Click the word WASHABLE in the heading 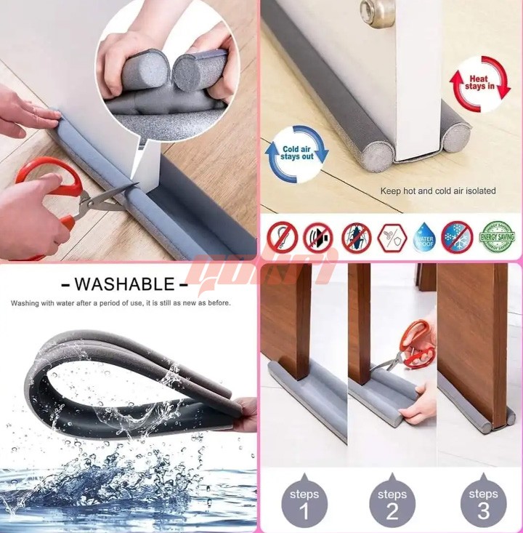[x=124, y=284]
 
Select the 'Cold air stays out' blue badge [x=297, y=153]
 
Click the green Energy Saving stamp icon [x=498, y=236]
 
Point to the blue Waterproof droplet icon [x=425, y=237]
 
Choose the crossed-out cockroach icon [x=357, y=237]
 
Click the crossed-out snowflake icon [x=457, y=237]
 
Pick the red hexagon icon [x=391, y=237]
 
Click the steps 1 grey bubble [x=304, y=501]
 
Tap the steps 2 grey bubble [x=392, y=501]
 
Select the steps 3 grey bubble [x=483, y=501]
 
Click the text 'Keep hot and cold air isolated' [x=438, y=191]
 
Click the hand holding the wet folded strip [x=247, y=414]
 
